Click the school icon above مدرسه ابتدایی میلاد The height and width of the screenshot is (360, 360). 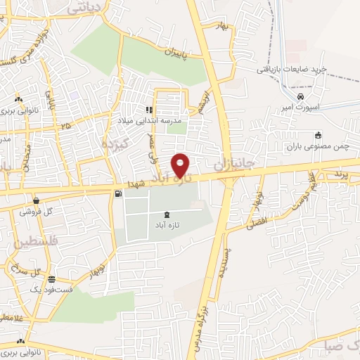click(x=149, y=110)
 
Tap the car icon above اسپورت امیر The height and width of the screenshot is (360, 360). click(x=301, y=96)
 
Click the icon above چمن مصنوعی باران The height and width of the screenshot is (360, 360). click(x=318, y=136)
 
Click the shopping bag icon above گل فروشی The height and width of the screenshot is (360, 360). click(x=35, y=200)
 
